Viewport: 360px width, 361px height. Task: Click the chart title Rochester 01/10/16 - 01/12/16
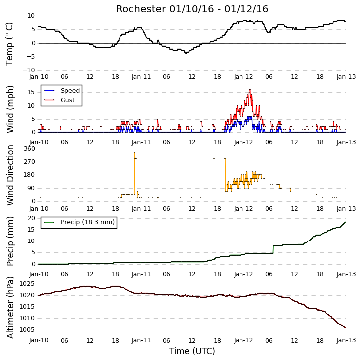[x=192, y=9]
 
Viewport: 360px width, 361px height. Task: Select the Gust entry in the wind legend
[x=59, y=100]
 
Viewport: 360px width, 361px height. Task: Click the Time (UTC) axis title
[x=192, y=351]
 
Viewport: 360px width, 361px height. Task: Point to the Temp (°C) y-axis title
[x=9, y=44]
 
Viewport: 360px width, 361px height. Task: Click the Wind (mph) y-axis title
[x=10, y=109]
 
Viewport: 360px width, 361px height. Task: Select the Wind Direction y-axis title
[x=10, y=175]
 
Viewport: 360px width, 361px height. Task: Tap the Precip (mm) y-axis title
[x=10, y=241]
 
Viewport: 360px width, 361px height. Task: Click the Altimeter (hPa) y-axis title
[x=10, y=307]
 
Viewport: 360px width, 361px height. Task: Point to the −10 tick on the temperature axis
[x=28, y=70]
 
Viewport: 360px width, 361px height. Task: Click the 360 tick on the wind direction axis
[x=30, y=149]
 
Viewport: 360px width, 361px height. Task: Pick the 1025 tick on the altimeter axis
[x=27, y=284]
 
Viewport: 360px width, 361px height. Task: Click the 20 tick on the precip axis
[x=31, y=218]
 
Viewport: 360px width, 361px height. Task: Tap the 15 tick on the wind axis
[x=31, y=92]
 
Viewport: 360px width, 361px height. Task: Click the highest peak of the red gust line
[x=250, y=89]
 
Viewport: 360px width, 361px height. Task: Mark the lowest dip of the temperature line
[x=186, y=53]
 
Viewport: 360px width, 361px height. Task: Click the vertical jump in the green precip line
[x=273, y=249]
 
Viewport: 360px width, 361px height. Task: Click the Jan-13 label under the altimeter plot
[x=346, y=340]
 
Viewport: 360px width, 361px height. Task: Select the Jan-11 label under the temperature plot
[x=141, y=77]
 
